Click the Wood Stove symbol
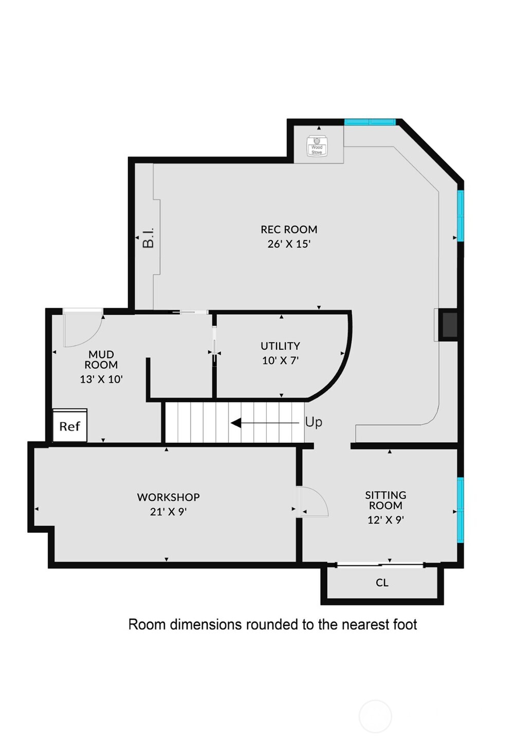click(317, 146)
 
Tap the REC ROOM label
click(289, 229)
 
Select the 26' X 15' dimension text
click(289, 244)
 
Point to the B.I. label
click(148, 237)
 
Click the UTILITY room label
click(280, 346)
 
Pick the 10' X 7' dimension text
click(280, 360)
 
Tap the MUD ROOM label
click(101, 359)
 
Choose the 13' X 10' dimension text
click(101, 380)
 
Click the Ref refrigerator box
click(70, 426)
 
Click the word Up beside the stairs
click(314, 422)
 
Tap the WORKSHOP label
click(168, 497)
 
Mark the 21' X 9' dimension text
click(168, 512)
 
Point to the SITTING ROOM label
click(385, 500)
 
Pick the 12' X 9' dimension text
click(385, 520)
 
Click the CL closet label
click(382, 583)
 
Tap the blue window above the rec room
click(370, 122)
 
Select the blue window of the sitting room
click(461, 509)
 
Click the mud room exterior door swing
click(82, 329)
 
